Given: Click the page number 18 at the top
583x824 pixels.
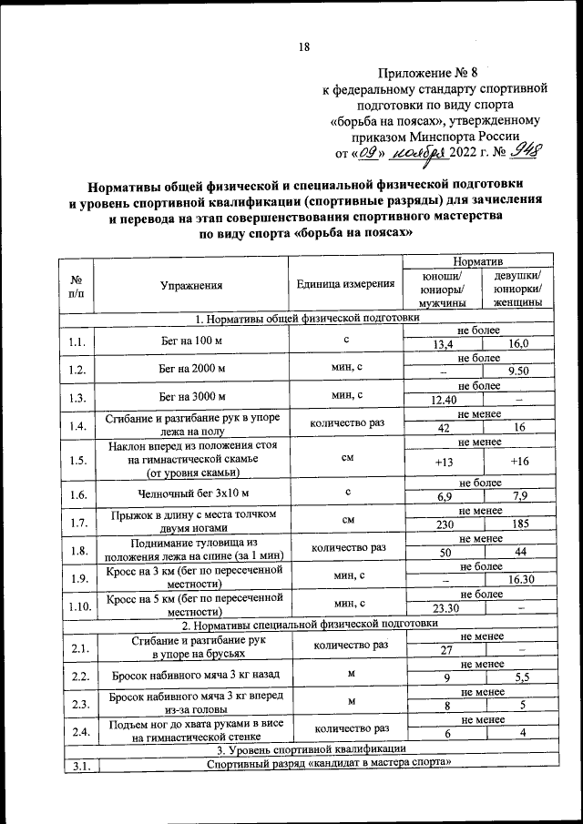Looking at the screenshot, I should [304, 47].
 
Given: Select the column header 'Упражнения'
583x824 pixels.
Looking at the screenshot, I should [191, 285].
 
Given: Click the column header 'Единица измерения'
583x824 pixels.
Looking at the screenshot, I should [345, 284].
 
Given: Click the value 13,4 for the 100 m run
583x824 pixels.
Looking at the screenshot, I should [443, 344].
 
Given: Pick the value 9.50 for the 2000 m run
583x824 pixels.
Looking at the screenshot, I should [518, 371].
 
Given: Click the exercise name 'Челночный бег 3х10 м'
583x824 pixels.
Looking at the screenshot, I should [191, 494].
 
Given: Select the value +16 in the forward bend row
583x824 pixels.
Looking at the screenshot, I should [519, 462].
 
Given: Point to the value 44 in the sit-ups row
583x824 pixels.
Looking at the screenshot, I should [518, 553].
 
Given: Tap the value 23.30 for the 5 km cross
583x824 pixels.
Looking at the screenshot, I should [444, 607].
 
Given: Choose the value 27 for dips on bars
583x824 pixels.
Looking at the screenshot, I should [445, 650].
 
